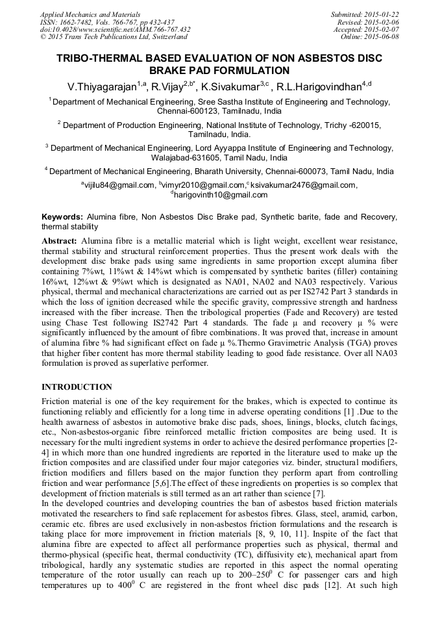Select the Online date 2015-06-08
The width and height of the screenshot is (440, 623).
tap(383, 37)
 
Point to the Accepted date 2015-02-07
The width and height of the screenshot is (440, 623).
tap(383, 29)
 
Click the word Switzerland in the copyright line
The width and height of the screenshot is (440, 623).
tap(168, 37)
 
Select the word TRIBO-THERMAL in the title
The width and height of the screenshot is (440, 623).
tap(97, 58)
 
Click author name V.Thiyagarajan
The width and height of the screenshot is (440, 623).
tap(103, 86)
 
